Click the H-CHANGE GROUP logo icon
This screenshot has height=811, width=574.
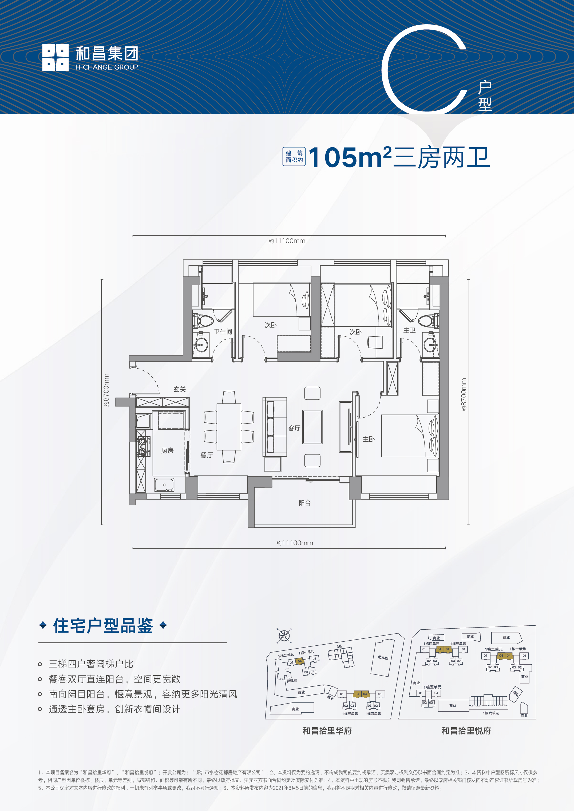(55, 57)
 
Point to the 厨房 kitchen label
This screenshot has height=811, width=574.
(167, 451)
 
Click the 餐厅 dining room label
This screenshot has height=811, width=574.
(207, 455)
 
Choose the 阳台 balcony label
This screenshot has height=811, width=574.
(304, 503)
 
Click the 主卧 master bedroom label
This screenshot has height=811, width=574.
(369, 439)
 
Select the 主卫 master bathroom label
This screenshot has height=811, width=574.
(409, 330)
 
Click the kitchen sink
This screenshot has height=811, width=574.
(164, 485)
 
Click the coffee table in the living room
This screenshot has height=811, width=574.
(312, 427)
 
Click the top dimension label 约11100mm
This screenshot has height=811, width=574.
(287, 241)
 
